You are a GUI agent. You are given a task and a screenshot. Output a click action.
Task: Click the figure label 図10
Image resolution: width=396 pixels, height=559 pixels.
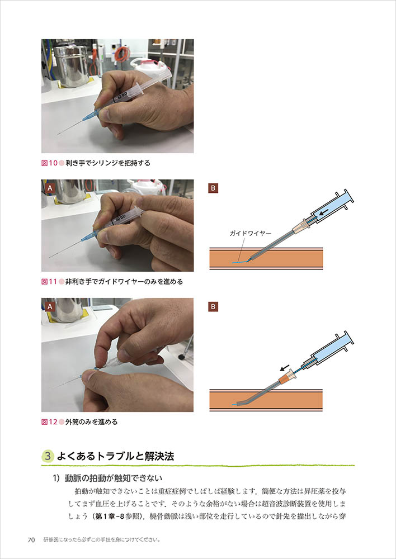49,163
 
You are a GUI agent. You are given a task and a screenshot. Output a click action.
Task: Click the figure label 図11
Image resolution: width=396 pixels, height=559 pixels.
49,282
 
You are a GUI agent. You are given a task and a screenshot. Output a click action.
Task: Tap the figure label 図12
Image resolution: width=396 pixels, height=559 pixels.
49,422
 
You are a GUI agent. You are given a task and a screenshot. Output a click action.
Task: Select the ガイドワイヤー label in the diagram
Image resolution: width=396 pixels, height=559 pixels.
251,234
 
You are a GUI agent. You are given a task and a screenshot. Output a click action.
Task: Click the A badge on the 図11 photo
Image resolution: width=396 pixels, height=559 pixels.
50,188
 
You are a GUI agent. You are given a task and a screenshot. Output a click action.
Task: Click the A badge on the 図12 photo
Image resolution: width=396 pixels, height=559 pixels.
50,306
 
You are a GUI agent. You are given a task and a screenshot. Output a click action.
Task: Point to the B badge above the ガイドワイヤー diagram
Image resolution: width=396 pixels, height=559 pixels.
213,188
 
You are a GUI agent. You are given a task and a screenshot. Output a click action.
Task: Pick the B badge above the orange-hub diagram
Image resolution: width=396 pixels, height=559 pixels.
213,306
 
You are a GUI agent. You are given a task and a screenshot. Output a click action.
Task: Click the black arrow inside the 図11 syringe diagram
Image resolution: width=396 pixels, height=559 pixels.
324,214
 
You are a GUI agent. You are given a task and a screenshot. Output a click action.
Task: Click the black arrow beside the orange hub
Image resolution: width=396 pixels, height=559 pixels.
284,368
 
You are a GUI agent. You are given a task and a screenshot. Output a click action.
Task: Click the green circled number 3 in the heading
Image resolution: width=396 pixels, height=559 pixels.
48,457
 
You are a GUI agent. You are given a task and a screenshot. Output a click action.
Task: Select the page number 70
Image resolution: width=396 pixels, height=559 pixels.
31,540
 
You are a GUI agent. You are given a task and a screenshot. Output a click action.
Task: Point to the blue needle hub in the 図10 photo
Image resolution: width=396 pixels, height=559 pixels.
90,116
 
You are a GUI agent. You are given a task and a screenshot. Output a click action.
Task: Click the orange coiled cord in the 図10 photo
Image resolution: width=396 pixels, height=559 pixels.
122,54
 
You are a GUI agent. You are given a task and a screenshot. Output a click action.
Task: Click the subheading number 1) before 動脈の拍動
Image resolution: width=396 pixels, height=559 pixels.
58,478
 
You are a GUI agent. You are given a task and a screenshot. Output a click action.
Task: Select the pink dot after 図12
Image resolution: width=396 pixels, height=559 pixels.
61,422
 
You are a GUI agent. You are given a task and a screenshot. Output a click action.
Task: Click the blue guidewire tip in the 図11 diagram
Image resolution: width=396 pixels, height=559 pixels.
235,262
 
